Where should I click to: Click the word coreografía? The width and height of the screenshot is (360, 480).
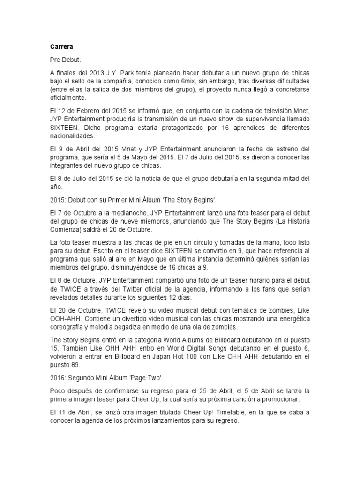click(68, 327)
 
